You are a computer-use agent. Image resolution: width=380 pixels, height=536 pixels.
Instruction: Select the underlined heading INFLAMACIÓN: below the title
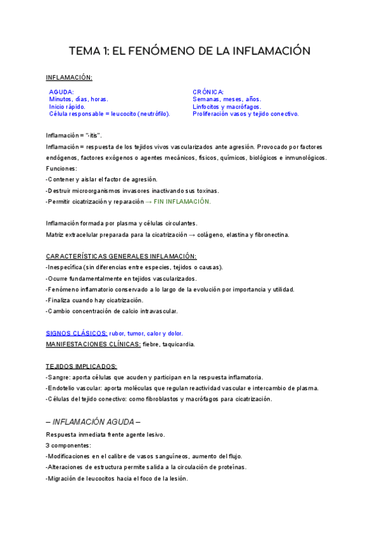pyautogui.click(x=69, y=77)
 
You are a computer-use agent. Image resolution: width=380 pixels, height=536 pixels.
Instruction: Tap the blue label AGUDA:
pyautogui.click(x=61, y=92)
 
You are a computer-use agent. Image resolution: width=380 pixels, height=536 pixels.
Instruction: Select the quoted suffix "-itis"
pyautogui.click(x=92, y=136)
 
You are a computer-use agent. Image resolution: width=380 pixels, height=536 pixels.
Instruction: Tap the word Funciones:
pyautogui.click(x=61, y=169)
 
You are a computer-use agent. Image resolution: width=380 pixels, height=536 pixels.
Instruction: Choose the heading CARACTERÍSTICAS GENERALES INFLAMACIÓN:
pyautogui.click(x=121, y=256)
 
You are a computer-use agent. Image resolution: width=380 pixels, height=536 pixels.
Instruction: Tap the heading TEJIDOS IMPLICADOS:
pyautogui.click(x=81, y=367)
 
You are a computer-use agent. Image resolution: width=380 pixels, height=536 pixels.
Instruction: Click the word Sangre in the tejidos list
pyautogui.click(x=60, y=377)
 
